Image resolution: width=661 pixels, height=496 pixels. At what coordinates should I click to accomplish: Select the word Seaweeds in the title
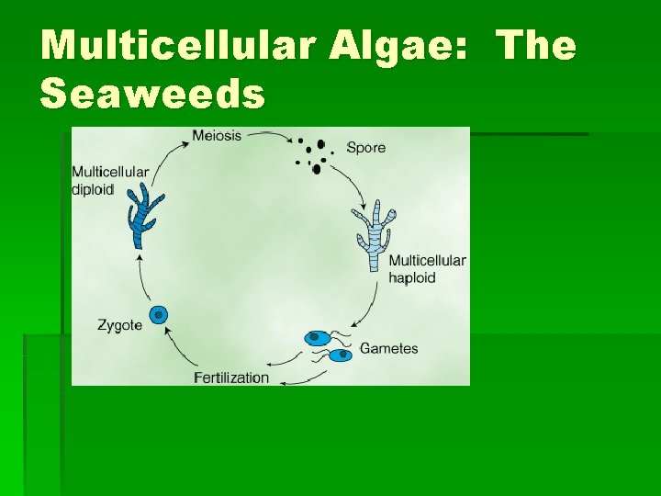tap(152, 93)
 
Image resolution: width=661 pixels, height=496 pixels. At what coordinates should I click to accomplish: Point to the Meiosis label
tap(217, 136)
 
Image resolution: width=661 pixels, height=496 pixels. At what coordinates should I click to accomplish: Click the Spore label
tap(365, 147)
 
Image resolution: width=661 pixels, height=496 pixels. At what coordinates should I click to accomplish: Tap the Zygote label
tap(119, 324)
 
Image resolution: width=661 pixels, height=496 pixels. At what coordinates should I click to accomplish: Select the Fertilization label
tap(231, 378)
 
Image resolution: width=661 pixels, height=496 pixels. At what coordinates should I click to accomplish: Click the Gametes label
tap(388, 349)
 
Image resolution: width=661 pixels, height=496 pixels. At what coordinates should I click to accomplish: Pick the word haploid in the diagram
tap(411, 277)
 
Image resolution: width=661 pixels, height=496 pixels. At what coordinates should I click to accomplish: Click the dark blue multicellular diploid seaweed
tap(143, 216)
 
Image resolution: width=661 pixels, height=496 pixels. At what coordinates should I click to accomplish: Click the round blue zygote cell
tap(160, 315)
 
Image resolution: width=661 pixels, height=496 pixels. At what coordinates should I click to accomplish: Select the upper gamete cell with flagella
tap(319, 338)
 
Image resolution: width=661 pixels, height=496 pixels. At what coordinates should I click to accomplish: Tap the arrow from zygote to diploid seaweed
tap(140, 276)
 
